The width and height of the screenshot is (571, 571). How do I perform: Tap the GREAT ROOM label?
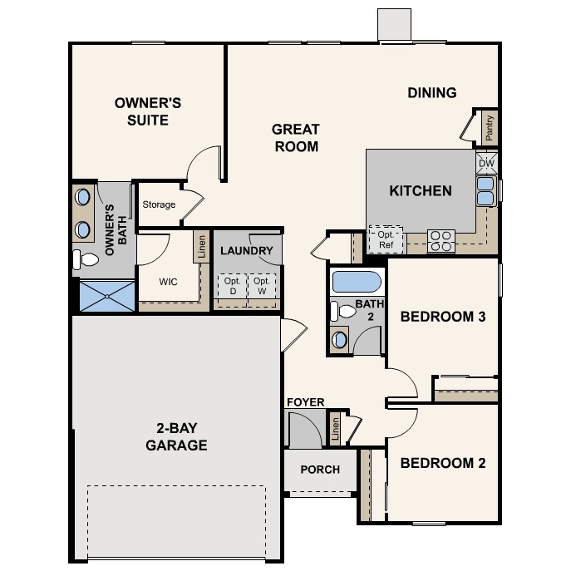coord(295,138)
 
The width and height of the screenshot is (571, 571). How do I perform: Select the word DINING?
coord(432,93)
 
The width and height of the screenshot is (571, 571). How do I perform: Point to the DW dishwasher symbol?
coord(486,163)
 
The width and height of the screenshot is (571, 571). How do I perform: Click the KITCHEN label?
coord(421,191)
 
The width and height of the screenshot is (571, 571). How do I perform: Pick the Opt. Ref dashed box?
coord(386,239)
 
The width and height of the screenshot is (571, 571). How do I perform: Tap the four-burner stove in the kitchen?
coord(441,241)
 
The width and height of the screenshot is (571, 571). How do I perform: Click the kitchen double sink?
coord(485,191)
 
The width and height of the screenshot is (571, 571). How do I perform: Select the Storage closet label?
coord(159,204)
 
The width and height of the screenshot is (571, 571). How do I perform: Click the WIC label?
coord(169,281)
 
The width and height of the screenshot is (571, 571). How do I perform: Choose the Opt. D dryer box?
coord(232,287)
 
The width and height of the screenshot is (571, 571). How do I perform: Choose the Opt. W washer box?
coord(263,287)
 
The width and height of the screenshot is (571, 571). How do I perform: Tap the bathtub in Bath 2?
coord(356,282)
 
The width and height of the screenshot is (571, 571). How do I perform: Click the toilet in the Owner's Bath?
coord(86,259)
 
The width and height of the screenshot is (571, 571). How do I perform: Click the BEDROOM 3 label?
coord(443,317)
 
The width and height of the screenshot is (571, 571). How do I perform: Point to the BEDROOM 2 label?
coord(443,463)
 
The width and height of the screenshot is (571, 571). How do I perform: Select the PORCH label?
coord(320,470)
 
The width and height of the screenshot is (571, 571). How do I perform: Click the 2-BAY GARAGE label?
coord(176,437)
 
